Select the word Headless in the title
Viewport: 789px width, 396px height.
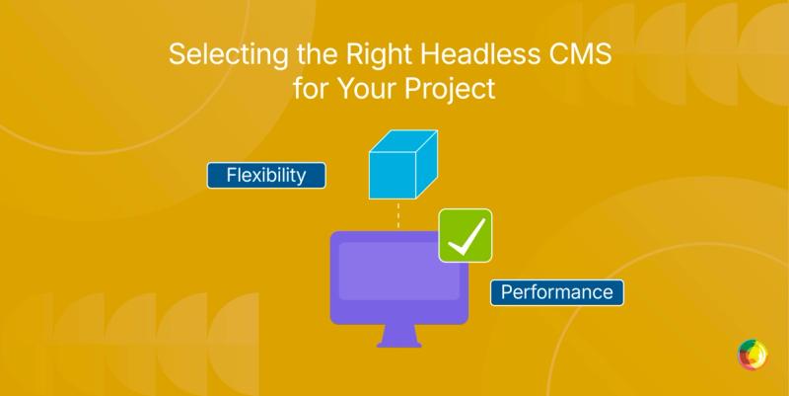pos(459,55)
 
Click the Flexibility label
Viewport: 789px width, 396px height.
pos(265,176)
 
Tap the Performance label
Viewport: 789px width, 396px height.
pos(557,292)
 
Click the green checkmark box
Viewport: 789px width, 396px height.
pos(466,236)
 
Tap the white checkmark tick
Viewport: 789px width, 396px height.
pos(466,236)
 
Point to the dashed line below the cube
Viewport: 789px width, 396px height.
pos(398,214)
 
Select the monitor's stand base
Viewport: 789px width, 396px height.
pos(399,343)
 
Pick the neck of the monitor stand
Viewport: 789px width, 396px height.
pos(399,331)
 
